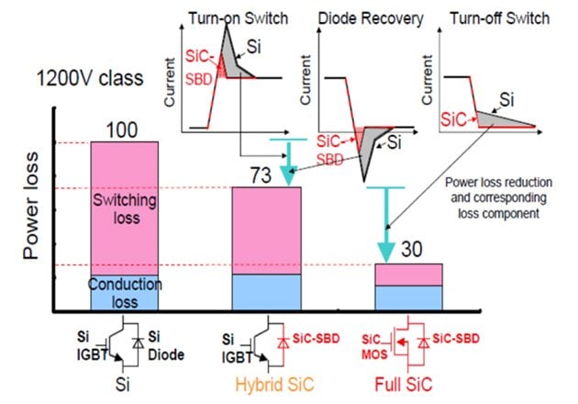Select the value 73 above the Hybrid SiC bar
pyautogui.click(x=265, y=175)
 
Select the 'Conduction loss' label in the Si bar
pyautogui.click(x=125, y=293)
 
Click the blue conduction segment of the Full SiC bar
pyautogui.click(x=409, y=297)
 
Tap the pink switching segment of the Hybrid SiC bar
pyautogui.click(x=266, y=230)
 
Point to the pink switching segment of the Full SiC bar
pyautogui.click(x=409, y=274)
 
